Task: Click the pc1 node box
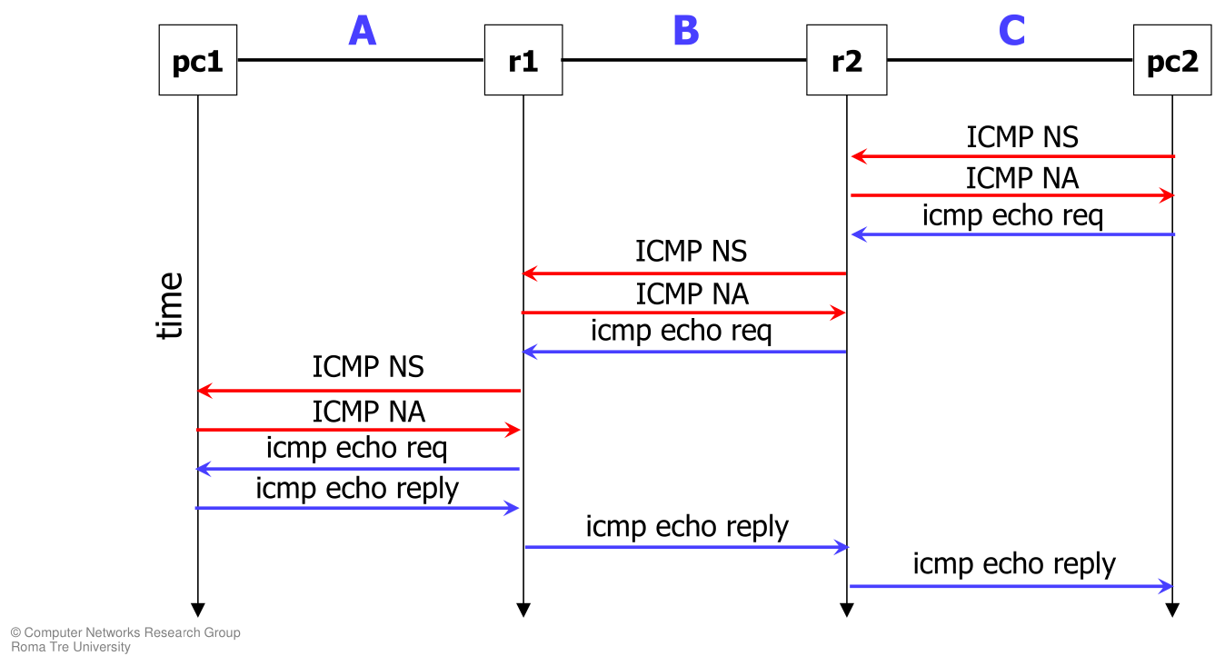coord(197,61)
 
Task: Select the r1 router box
coord(523,61)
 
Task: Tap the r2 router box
coord(846,61)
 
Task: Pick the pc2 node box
coord(1171,61)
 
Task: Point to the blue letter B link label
coord(686,31)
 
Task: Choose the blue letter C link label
coord(1011,31)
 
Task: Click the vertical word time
coord(170,305)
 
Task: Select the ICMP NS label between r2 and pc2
coord(1021,137)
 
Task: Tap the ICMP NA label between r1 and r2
coord(692,293)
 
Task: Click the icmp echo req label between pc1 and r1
coord(356,448)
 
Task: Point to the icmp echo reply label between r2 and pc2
coord(1014,564)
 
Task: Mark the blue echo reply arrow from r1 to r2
coord(686,547)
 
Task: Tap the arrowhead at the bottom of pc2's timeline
coord(1171,610)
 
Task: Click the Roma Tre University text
coord(70,647)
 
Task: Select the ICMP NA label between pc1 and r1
coord(368,412)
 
